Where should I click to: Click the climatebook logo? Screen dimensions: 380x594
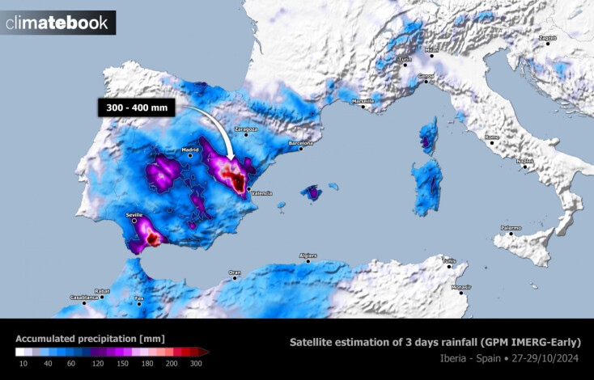pos(57,23)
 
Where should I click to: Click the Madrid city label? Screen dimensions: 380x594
pos(190,150)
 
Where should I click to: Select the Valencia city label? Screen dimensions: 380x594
pos(262,193)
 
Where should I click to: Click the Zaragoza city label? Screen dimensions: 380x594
pos(245,129)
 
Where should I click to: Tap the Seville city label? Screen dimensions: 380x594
pos(135,215)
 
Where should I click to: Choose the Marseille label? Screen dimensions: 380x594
pos(363,101)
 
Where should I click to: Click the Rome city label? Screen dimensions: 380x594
pos(492,137)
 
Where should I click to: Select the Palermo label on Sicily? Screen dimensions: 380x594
pos(510,228)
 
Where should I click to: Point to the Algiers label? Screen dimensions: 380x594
pos(308,255)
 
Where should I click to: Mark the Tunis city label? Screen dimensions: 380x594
pos(448,260)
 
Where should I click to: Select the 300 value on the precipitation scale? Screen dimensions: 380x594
pos(195,365)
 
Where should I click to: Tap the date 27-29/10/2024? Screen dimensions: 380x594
pos(546,358)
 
